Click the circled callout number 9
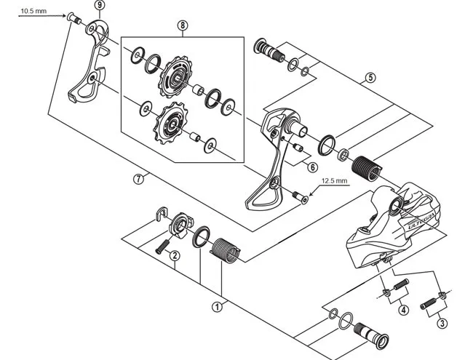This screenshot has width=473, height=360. [99, 5]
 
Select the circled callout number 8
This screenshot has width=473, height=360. [182, 25]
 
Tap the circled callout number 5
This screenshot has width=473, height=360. [370, 78]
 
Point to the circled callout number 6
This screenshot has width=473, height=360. [312, 167]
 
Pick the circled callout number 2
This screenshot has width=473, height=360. [175, 255]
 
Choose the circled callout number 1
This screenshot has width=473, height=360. [216, 306]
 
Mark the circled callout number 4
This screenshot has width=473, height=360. [403, 310]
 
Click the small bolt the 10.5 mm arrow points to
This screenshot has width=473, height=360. [73, 18]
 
